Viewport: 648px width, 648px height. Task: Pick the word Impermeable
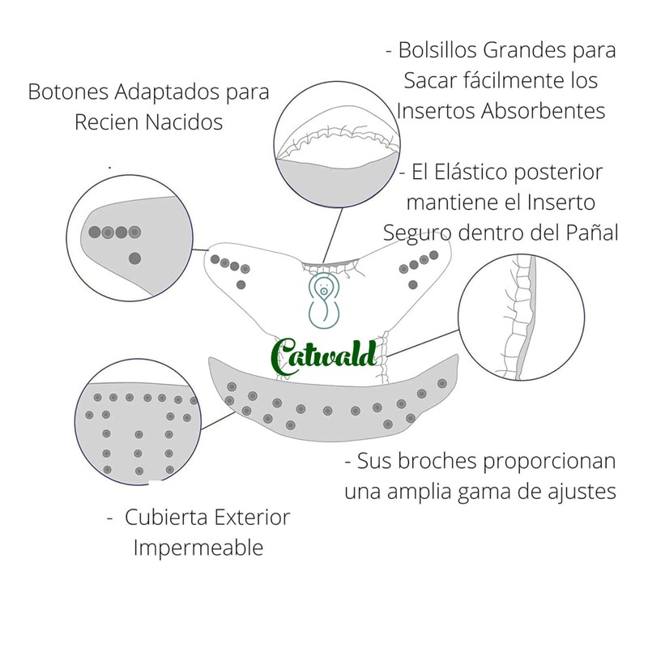pyautogui.click(x=198, y=548)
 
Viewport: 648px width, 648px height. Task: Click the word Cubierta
pyautogui.click(x=169, y=517)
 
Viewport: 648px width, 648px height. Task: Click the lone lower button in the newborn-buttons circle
pyautogui.click(x=134, y=258)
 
